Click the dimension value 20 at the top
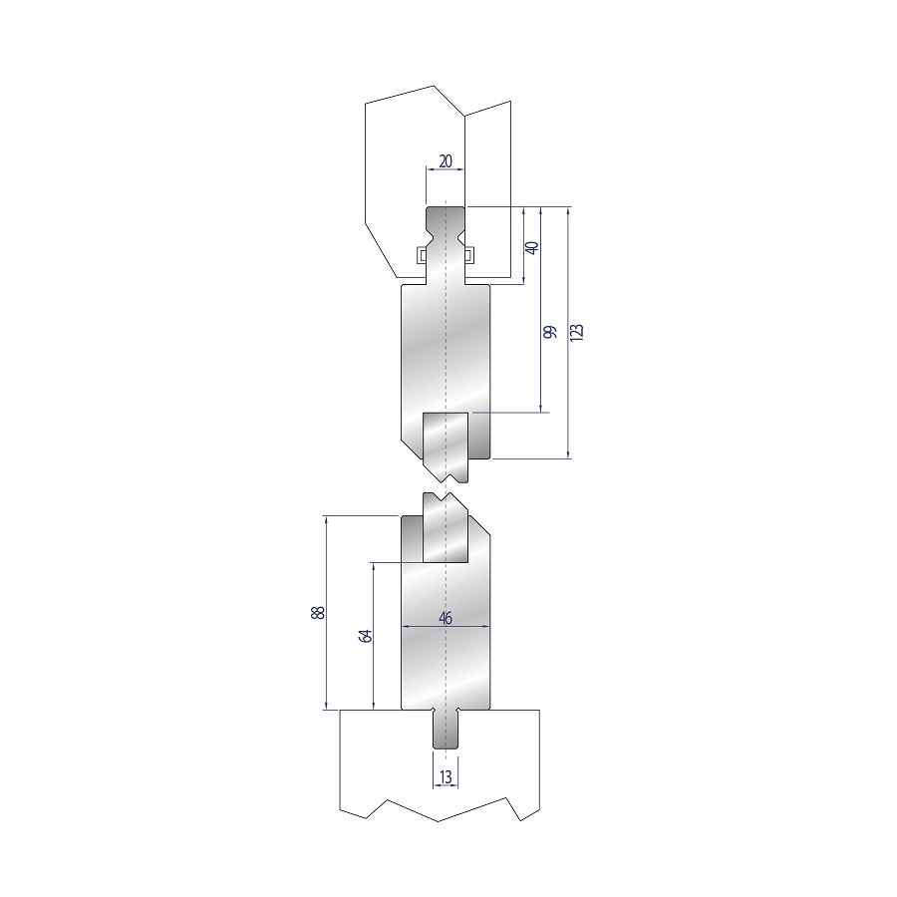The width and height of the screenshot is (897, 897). [446, 161]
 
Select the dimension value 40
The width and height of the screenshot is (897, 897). [532, 248]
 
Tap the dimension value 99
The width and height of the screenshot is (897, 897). [550, 332]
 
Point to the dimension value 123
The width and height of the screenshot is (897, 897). [577, 332]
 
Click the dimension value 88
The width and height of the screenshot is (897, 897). [318, 612]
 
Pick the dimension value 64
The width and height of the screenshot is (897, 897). [366, 636]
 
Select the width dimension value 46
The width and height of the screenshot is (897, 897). [446, 618]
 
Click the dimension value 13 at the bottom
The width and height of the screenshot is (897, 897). [446, 776]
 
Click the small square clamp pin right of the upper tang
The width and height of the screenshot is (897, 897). [469, 254]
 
